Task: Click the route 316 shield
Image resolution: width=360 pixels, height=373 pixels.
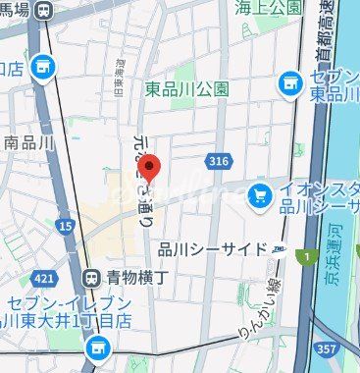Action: [218, 160]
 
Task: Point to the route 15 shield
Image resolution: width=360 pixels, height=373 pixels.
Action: [65, 226]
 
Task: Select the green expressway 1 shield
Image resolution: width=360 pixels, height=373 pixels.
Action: [307, 258]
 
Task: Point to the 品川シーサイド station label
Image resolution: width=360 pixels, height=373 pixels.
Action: [212, 248]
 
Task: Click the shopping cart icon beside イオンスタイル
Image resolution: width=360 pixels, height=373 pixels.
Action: [259, 197]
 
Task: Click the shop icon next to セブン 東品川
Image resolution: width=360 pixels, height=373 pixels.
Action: [289, 83]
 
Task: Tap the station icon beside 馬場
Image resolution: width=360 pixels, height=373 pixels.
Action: [42, 10]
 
